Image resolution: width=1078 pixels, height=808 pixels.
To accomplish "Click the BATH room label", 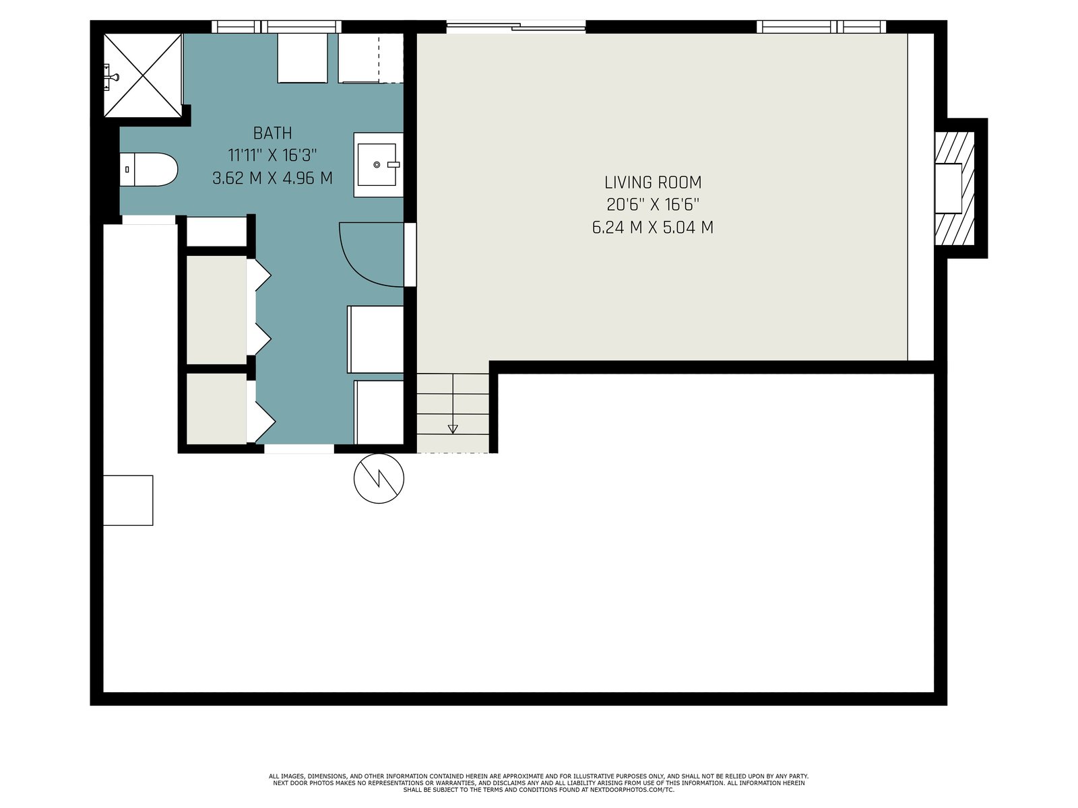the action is click(x=272, y=133).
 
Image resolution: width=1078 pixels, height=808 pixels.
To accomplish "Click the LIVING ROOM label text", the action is click(x=653, y=182).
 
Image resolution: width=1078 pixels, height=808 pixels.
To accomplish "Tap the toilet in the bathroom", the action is click(x=148, y=169).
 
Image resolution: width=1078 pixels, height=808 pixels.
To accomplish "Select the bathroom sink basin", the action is click(x=377, y=164).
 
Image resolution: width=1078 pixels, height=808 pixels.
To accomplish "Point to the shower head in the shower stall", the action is click(x=113, y=77).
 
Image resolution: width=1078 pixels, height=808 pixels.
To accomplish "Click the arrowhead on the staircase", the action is click(x=453, y=430).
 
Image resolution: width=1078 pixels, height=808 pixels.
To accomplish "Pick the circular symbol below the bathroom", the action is click(x=379, y=478).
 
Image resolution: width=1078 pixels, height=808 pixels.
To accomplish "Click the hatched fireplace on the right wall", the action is click(x=954, y=188).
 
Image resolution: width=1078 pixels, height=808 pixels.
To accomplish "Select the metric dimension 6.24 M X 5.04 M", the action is click(x=653, y=228).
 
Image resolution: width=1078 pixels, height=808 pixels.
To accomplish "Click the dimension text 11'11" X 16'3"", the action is click(x=272, y=156).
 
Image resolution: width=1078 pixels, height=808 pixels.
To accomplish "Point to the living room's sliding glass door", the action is click(x=515, y=27).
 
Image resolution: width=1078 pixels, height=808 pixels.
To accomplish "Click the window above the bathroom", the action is click(x=276, y=26).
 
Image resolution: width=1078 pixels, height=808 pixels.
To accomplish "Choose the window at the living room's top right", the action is click(x=821, y=26).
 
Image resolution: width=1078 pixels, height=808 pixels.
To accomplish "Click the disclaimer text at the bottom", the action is click(x=539, y=784).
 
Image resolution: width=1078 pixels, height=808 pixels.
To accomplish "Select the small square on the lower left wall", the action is click(x=128, y=500).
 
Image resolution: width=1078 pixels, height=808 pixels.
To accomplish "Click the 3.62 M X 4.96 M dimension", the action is click(x=272, y=178).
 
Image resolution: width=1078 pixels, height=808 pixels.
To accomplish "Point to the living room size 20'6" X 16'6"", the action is click(x=653, y=205).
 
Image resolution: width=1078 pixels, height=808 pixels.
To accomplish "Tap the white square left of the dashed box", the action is click(x=303, y=58).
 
